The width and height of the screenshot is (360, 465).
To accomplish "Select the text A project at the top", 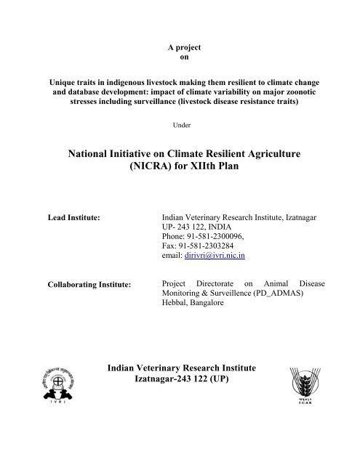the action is pos(179,47).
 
